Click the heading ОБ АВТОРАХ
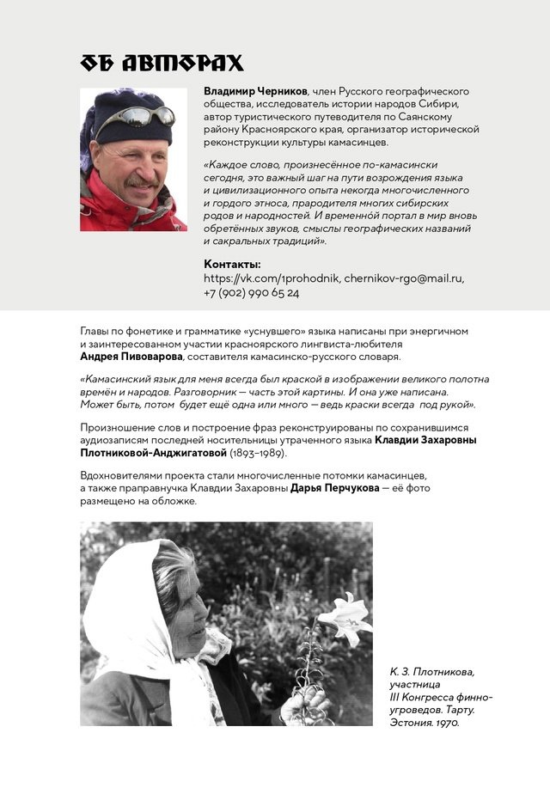click(x=162, y=63)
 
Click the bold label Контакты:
click(x=232, y=264)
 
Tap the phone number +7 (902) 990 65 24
click(x=251, y=293)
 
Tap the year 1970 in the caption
click(x=446, y=723)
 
